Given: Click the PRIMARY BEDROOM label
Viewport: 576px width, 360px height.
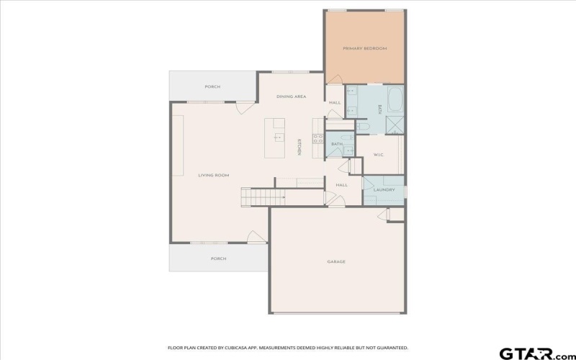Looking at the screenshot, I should coord(364,48).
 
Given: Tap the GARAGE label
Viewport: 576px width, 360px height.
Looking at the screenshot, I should coord(336,261).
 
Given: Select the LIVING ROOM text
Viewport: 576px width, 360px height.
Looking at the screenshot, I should coord(214,175).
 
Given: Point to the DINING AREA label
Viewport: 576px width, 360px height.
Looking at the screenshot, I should coord(292,96).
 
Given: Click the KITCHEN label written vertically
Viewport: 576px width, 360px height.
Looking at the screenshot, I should coord(299,146).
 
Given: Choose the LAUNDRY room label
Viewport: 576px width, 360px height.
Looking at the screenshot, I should coord(384,190).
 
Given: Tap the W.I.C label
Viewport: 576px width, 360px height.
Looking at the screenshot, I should coord(379,155).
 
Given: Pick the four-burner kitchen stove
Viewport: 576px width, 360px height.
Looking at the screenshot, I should coord(317,140).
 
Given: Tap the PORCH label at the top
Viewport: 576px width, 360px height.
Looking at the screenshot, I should coord(212,86).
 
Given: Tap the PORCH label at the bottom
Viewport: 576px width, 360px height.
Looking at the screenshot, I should coord(218,258).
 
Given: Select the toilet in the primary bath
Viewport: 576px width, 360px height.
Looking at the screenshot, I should coord(363,127).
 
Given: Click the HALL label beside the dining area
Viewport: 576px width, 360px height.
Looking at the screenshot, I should coord(335,102).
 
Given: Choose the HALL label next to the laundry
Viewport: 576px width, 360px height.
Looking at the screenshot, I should coord(341,185).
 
